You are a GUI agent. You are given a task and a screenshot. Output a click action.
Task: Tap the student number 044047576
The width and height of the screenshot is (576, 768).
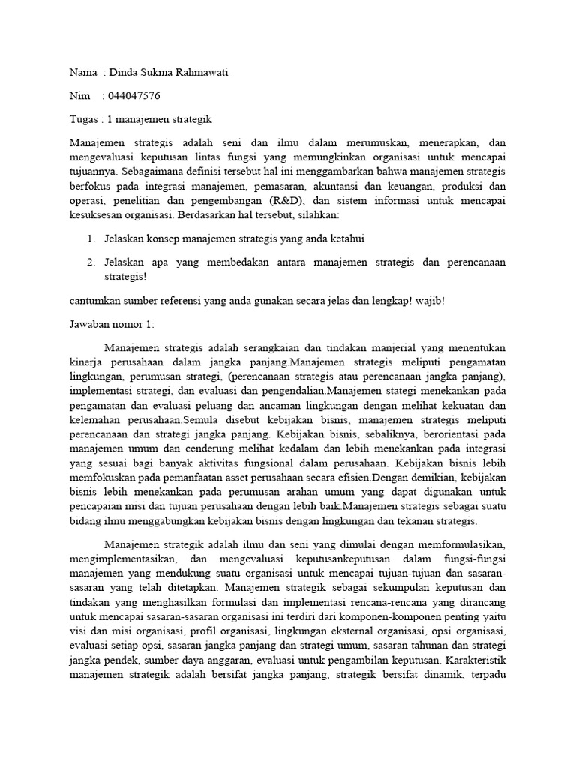pos(135,96)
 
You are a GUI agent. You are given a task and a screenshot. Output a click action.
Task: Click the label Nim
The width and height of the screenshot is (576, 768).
pos(79,96)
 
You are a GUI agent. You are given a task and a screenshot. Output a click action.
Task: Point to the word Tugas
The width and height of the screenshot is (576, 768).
pos(84,119)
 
